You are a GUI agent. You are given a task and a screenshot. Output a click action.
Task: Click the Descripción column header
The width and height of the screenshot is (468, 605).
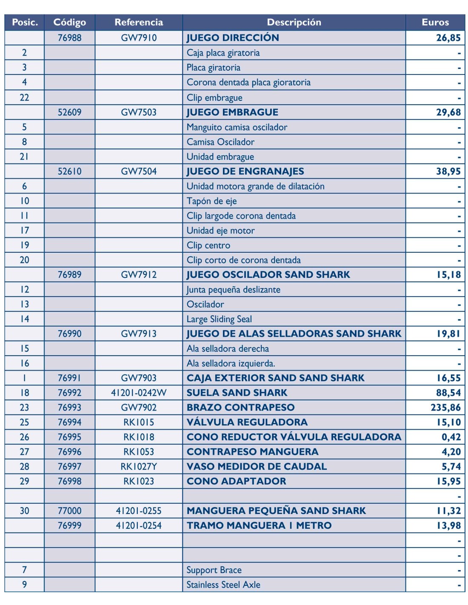(x=294, y=22)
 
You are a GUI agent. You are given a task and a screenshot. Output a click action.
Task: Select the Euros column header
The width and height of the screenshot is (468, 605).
(x=435, y=22)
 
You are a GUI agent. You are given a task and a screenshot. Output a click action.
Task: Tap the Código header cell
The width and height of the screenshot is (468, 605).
(x=69, y=22)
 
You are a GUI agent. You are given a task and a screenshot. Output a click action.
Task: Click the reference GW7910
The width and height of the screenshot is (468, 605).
(x=139, y=37)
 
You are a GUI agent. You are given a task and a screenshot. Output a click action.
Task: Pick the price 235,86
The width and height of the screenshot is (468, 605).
(x=445, y=407)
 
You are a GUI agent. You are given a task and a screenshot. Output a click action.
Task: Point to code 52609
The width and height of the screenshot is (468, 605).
(x=69, y=112)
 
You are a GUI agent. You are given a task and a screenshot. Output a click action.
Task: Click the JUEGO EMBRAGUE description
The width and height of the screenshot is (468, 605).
(x=232, y=112)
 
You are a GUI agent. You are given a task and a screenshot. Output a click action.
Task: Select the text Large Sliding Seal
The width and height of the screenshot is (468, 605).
(x=219, y=319)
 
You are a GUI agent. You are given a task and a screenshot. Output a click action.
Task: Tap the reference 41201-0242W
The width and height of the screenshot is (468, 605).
(x=139, y=392)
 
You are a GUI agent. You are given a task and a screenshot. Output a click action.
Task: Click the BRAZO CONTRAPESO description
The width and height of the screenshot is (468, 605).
(x=240, y=407)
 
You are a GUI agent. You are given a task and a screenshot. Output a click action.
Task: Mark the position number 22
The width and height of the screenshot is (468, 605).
(x=24, y=97)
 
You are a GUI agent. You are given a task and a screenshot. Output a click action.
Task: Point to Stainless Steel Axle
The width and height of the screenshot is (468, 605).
(x=223, y=585)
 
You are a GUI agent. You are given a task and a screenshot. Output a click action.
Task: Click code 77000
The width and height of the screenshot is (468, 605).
(x=69, y=511)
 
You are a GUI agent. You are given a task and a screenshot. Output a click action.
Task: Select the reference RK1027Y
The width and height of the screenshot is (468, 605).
(x=139, y=466)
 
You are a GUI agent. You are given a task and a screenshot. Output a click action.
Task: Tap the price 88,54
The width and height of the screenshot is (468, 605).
(x=448, y=392)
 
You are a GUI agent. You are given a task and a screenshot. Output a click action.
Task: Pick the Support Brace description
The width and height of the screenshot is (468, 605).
(x=214, y=570)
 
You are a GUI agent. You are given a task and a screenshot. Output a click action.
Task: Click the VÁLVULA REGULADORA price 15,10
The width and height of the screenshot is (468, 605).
(x=448, y=422)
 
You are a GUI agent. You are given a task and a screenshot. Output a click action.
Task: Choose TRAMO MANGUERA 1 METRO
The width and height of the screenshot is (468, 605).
(x=259, y=525)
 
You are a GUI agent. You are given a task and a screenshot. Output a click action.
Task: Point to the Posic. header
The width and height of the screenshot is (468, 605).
(x=25, y=22)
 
